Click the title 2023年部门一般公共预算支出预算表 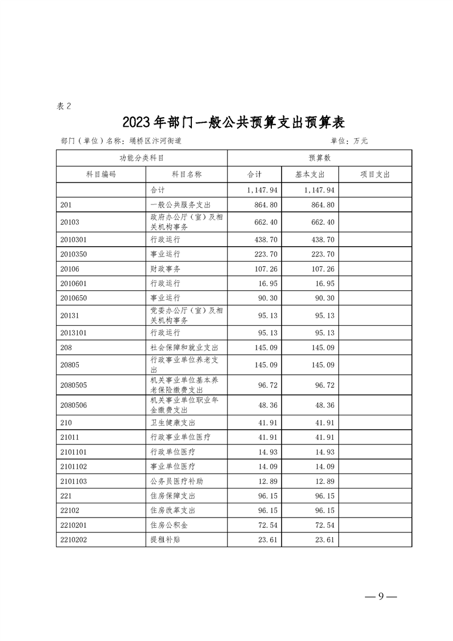(x=234, y=122)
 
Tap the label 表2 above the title (x=64, y=106)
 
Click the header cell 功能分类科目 (x=142, y=158)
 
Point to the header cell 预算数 (x=319, y=158)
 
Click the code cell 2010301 (x=73, y=240)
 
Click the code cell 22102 (x=69, y=510)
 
